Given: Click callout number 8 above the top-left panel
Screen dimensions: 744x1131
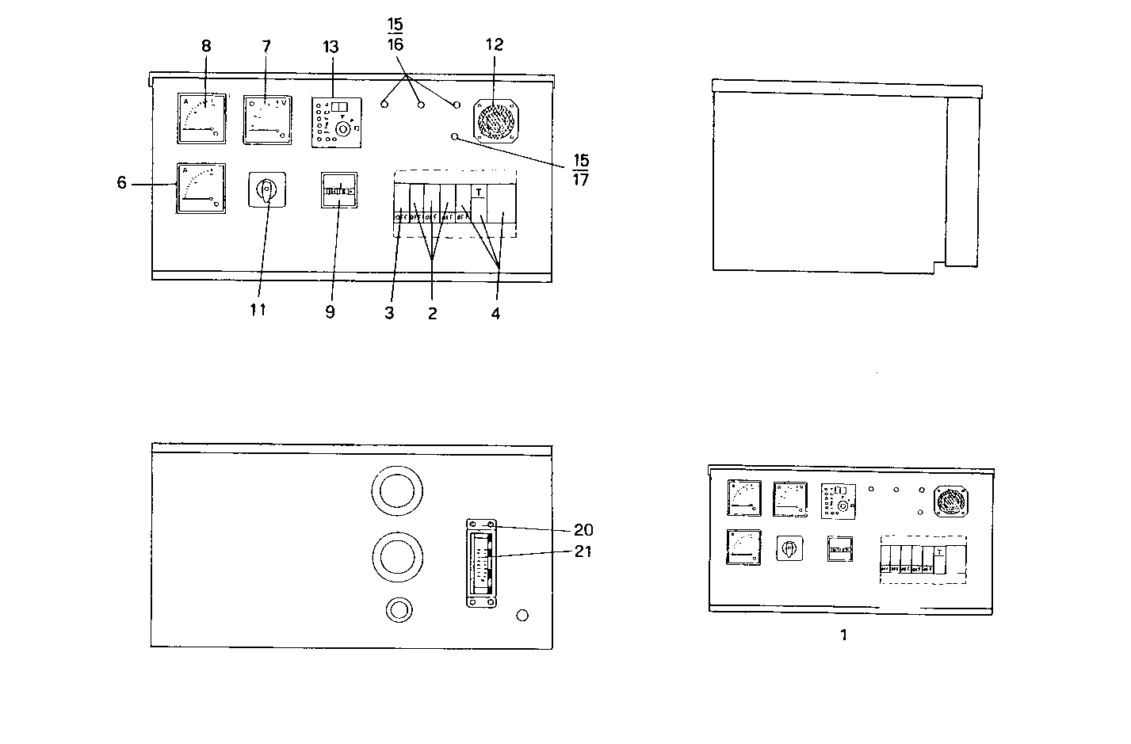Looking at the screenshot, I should [206, 46].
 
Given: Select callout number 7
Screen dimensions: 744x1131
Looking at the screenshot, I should [266, 46].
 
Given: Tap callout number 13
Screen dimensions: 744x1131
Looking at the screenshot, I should [331, 46].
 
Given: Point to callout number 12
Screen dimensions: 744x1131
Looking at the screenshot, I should [494, 45].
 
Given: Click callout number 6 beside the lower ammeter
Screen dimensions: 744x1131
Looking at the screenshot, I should [121, 183].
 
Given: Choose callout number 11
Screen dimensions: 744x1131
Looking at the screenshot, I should [257, 310].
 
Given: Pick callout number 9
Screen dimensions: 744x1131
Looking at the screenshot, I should [330, 312].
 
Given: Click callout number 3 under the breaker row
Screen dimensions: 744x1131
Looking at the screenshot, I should [389, 313].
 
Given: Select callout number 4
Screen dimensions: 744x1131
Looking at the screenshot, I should [495, 313].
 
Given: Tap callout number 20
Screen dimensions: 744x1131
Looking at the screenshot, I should [583, 530].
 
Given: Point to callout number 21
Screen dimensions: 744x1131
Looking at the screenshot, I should [583, 551].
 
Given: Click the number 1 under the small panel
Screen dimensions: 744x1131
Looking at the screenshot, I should [844, 635].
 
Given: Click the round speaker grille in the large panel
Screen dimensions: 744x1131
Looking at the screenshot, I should [495, 120].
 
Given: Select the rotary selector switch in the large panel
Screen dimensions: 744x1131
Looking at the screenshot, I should [267, 190].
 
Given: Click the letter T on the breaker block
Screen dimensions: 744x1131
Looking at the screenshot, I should [479, 192].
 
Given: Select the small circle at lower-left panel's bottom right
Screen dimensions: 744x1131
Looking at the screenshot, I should [522, 616].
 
